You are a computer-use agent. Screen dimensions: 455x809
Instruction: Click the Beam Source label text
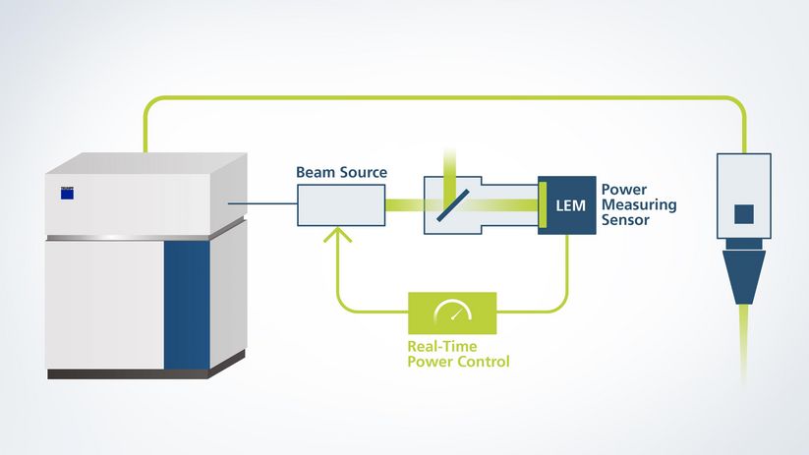tap(341, 173)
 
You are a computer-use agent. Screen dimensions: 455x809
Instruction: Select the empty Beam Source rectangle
tap(341, 205)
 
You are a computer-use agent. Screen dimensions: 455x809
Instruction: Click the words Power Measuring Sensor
tap(624, 204)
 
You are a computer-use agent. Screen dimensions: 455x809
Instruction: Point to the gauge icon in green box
tap(453, 312)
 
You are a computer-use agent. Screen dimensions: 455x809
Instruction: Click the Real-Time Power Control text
tap(458, 354)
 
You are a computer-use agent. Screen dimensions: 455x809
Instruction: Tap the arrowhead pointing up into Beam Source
tap(339, 235)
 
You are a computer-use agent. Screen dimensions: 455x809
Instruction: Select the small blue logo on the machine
tap(67, 193)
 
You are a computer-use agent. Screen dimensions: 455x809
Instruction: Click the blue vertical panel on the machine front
tap(187, 305)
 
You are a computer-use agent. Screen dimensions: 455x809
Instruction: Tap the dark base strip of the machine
tap(128, 373)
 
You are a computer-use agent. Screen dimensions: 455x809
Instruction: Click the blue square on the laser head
tap(744, 213)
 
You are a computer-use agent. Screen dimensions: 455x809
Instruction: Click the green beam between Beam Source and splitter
tap(403, 205)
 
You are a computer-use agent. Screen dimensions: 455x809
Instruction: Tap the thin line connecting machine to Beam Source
tap(262, 204)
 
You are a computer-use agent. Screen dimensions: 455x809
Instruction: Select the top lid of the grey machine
tap(147, 162)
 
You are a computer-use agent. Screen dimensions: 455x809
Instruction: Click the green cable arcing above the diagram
tap(442, 98)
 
